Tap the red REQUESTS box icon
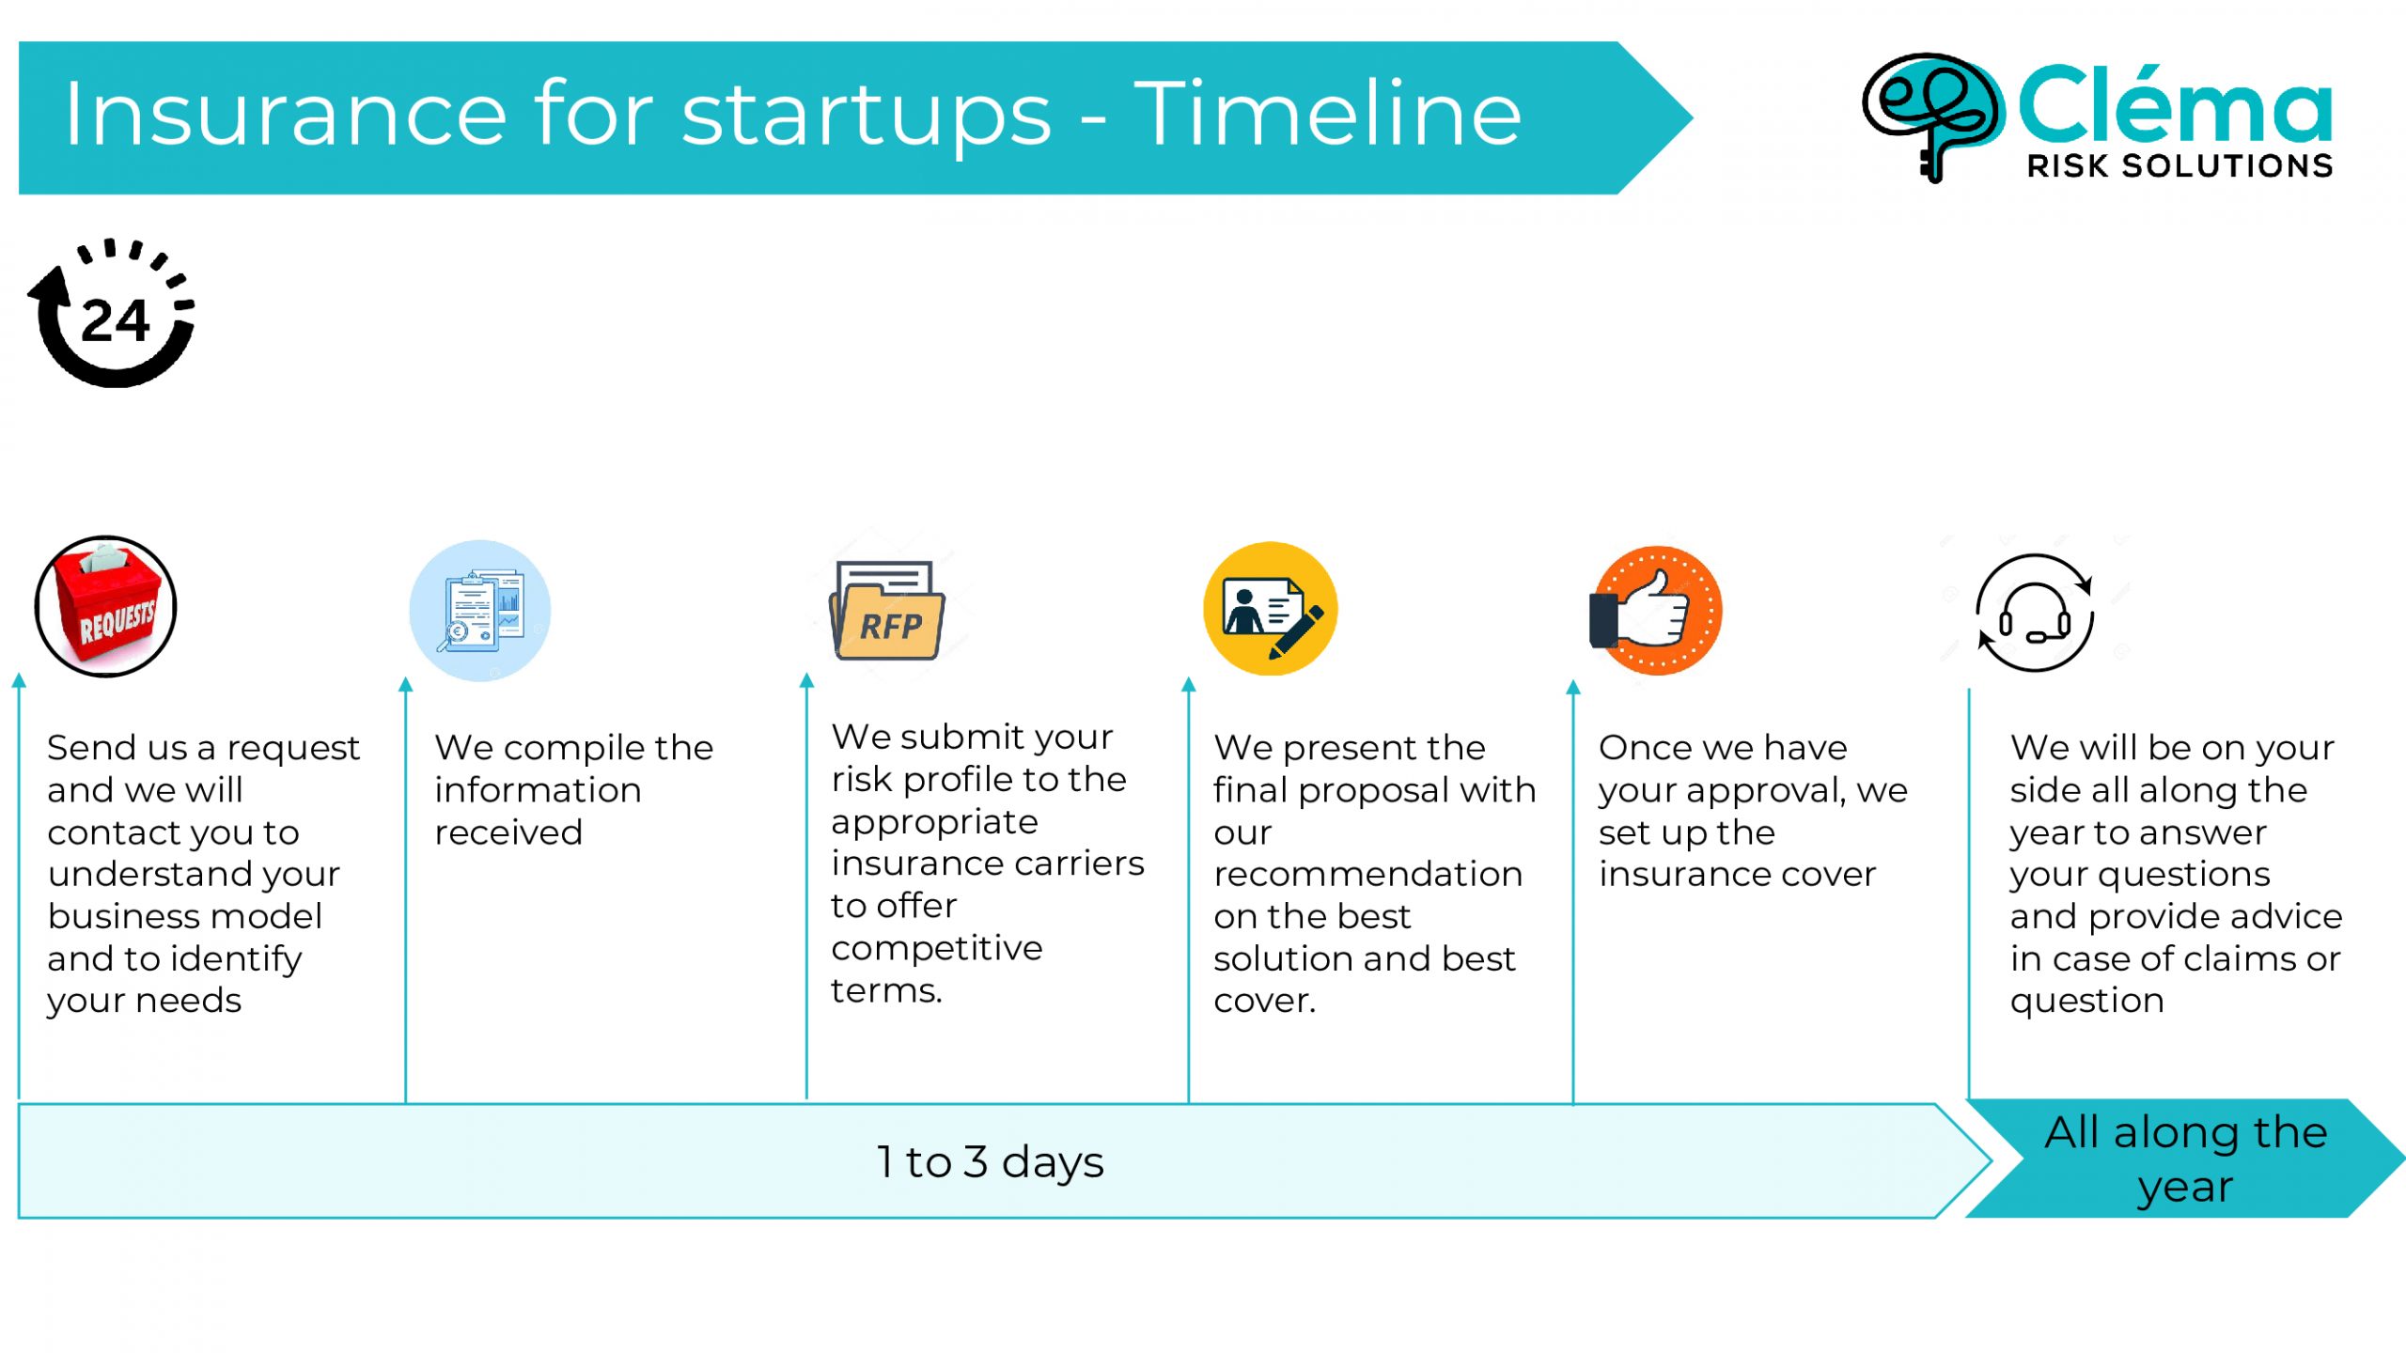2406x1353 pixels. tap(105, 606)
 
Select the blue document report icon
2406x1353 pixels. tap(479, 611)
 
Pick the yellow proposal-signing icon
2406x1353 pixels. tap(1270, 609)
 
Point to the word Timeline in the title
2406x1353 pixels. tap(1327, 114)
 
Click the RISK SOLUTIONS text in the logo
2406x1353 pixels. tap(2179, 166)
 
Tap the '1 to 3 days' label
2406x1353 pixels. tap(990, 1162)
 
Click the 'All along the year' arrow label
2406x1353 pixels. tap(2185, 1159)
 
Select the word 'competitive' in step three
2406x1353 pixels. tap(937, 949)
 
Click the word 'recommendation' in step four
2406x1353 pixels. tap(1367, 875)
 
